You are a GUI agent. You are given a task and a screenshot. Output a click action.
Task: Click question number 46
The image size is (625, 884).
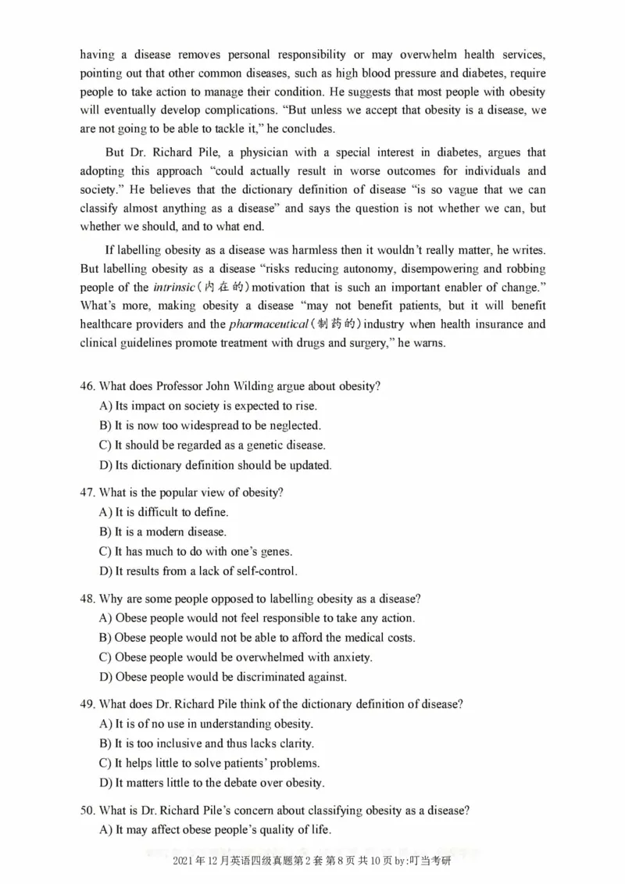pyautogui.click(x=87, y=386)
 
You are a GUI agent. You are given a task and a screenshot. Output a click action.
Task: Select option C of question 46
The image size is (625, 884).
pyautogui.click(x=212, y=445)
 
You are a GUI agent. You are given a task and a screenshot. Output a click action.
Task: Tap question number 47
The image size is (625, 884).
pyautogui.click(x=87, y=492)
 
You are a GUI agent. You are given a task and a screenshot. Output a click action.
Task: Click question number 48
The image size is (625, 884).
pyautogui.click(x=87, y=599)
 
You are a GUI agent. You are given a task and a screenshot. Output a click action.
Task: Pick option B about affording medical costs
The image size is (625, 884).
pyautogui.click(x=257, y=638)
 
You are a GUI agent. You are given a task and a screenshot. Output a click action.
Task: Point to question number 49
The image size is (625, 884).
pyautogui.click(x=87, y=704)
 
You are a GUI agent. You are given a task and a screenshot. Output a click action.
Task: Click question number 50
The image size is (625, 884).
pyautogui.click(x=87, y=811)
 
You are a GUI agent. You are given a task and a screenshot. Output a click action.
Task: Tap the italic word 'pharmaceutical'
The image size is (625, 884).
pyautogui.click(x=266, y=324)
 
